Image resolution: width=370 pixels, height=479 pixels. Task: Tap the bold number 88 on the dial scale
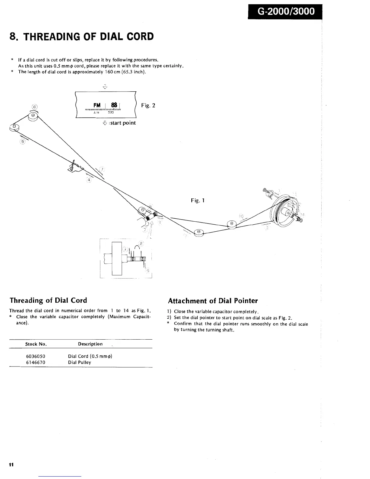[x=114, y=105]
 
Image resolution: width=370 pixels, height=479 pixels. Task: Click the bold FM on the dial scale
[x=97, y=105]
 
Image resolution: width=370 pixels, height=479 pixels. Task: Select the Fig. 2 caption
[x=148, y=105]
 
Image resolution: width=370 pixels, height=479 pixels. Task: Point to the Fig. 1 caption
[x=198, y=200]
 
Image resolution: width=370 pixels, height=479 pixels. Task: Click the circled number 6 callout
[x=35, y=106]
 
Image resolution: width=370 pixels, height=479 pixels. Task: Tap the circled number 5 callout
[x=22, y=142]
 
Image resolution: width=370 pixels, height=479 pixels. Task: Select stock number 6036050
[x=36, y=356]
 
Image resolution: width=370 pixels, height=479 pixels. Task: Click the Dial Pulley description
[x=80, y=362]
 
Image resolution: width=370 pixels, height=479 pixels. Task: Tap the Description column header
[x=90, y=344]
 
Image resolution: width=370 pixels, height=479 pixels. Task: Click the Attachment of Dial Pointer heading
[x=213, y=301]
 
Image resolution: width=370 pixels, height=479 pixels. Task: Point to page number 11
[x=11, y=465]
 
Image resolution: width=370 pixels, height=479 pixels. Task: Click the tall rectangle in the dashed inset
[x=117, y=258]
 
